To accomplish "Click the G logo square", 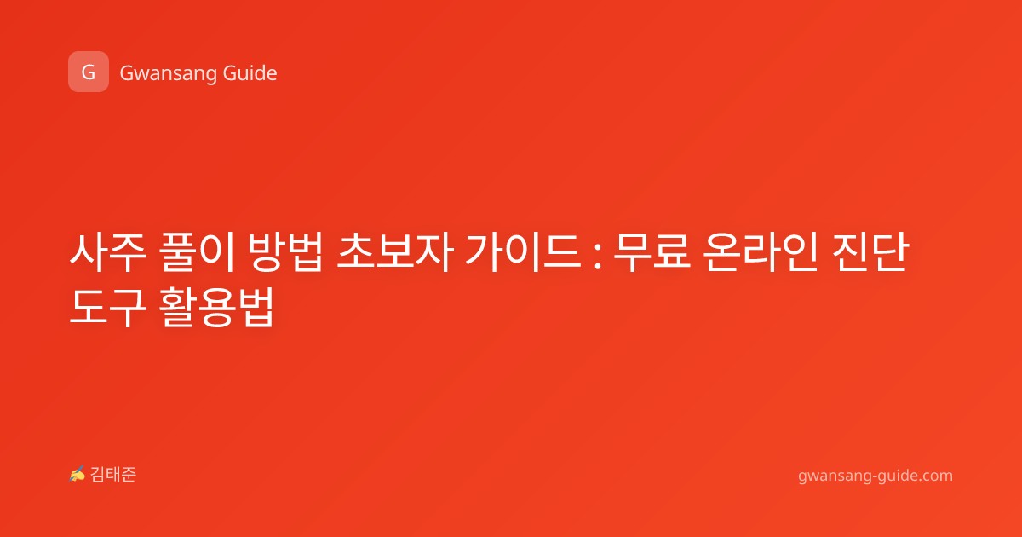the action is pos(89,72).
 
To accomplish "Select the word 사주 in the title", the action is pos(108,252).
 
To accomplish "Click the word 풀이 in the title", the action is pos(197,252).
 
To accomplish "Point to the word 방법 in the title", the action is pos(285,252).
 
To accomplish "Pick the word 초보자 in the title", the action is pos(395,252).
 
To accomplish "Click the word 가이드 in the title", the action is pos(523,252).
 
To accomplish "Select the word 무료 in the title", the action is pos(652,252).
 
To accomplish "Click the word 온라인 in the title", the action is pos(761,252).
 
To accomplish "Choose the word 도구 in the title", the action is pos(108,307).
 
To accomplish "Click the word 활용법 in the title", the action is pos(217,307).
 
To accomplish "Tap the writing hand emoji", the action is pos(77,474).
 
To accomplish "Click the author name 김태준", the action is pos(113,475).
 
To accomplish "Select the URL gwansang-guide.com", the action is pos(876,476).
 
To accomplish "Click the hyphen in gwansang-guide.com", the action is pos(874,476).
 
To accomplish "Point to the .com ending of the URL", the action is pos(934,476).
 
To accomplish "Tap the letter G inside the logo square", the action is pos(89,72).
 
